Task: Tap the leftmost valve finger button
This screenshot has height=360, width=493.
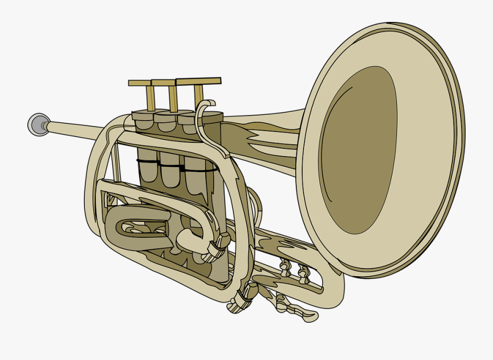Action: click(x=140, y=83)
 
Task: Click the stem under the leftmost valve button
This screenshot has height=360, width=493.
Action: click(x=150, y=99)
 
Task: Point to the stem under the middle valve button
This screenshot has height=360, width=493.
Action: click(x=173, y=99)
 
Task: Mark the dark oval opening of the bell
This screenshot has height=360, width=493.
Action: click(x=359, y=151)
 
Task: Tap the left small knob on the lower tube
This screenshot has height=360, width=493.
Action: click(x=285, y=267)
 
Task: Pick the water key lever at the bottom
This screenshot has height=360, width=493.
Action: click(x=299, y=311)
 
